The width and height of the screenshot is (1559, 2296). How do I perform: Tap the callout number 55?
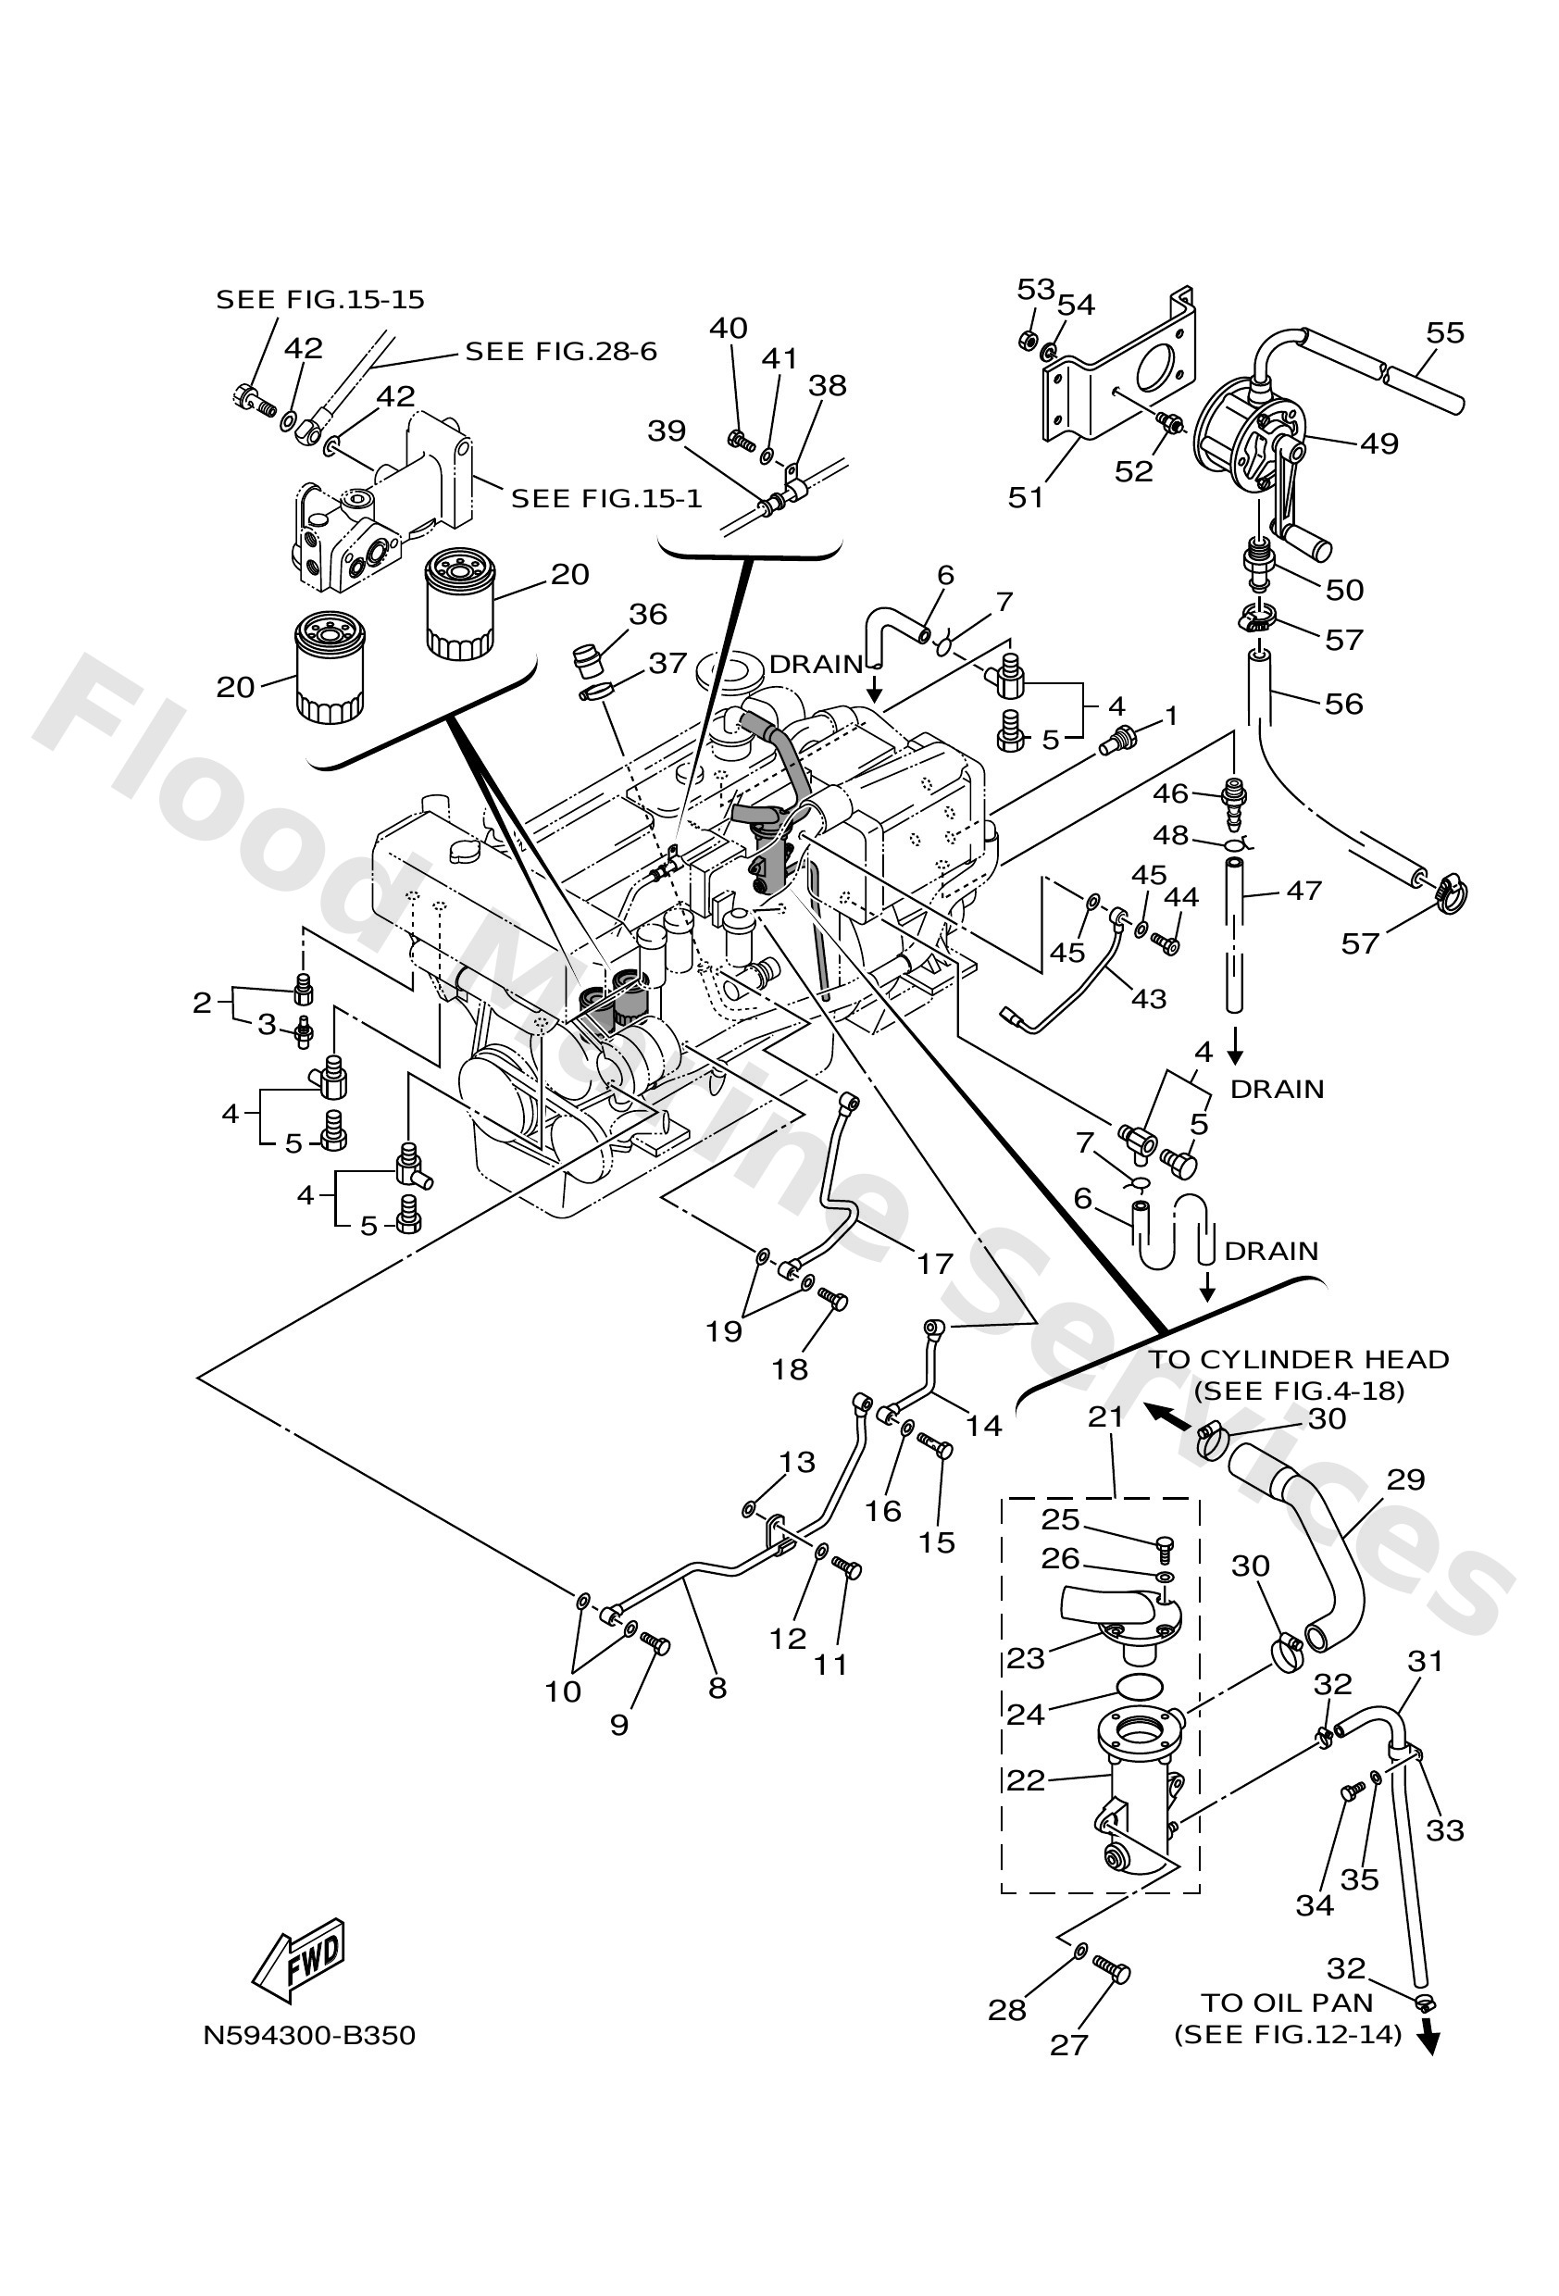(1444, 333)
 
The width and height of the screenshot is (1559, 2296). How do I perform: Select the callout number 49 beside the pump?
(1379, 443)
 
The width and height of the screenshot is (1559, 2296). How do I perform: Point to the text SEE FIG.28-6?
(560, 352)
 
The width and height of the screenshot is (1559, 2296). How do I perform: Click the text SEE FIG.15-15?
(320, 299)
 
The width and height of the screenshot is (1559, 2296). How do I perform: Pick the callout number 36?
(648, 615)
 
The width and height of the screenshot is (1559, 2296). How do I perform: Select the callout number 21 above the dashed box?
(1105, 1416)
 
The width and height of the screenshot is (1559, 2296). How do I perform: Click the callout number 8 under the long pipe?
(717, 1688)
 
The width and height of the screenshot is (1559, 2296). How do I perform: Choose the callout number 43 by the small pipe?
(1148, 999)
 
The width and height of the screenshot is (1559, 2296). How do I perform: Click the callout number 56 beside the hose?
(1343, 704)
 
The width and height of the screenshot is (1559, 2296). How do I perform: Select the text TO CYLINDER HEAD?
(1298, 1359)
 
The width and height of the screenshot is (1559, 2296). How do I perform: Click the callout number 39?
(666, 430)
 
